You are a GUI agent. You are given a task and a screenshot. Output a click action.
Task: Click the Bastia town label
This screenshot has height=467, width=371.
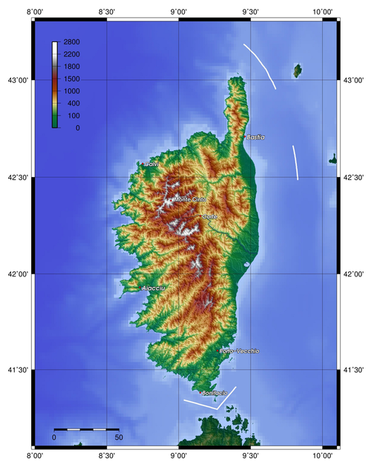pyautogui.click(x=256, y=137)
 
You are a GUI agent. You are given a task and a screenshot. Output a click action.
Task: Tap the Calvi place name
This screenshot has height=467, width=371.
pyautogui.click(x=151, y=164)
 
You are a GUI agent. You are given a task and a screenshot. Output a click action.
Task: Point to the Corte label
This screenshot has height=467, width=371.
pyautogui.click(x=210, y=216)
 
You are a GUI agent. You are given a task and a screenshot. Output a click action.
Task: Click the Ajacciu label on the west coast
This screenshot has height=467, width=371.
pyautogui.click(x=153, y=288)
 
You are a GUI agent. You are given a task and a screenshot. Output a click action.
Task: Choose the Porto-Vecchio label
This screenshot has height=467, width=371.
pyautogui.click(x=239, y=350)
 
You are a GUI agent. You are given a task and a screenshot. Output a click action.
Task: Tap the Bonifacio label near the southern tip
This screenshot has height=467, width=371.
pyautogui.click(x=215, y=392)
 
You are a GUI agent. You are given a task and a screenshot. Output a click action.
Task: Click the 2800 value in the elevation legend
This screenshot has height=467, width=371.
pyautogui.click(x=71, y=43)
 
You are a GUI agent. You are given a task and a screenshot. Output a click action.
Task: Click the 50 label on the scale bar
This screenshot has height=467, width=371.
pyautogui.click(x=118, y=438)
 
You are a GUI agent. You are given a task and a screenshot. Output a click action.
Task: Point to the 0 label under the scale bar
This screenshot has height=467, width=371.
pyautogui.click(x=54, y=438)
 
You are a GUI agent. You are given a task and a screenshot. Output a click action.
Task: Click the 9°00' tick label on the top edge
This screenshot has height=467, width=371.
pyautogui.click(x=178, y=11)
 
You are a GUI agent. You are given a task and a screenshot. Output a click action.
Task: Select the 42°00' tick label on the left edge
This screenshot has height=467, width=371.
pyautogui.click(x=16, y=274)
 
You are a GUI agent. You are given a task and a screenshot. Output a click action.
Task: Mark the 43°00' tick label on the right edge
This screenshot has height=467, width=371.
pyautogui.click(x=355, y=79)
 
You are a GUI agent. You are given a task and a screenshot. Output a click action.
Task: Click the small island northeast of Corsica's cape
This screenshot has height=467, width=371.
pyautogui.click(x=298, y=70)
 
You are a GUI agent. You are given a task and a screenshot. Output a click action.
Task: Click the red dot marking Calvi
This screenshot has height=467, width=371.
pyautogui.click(x=139, y=164)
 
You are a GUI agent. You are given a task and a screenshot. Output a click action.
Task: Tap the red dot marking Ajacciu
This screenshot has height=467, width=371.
pyautogui.click(x=139, y=288)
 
